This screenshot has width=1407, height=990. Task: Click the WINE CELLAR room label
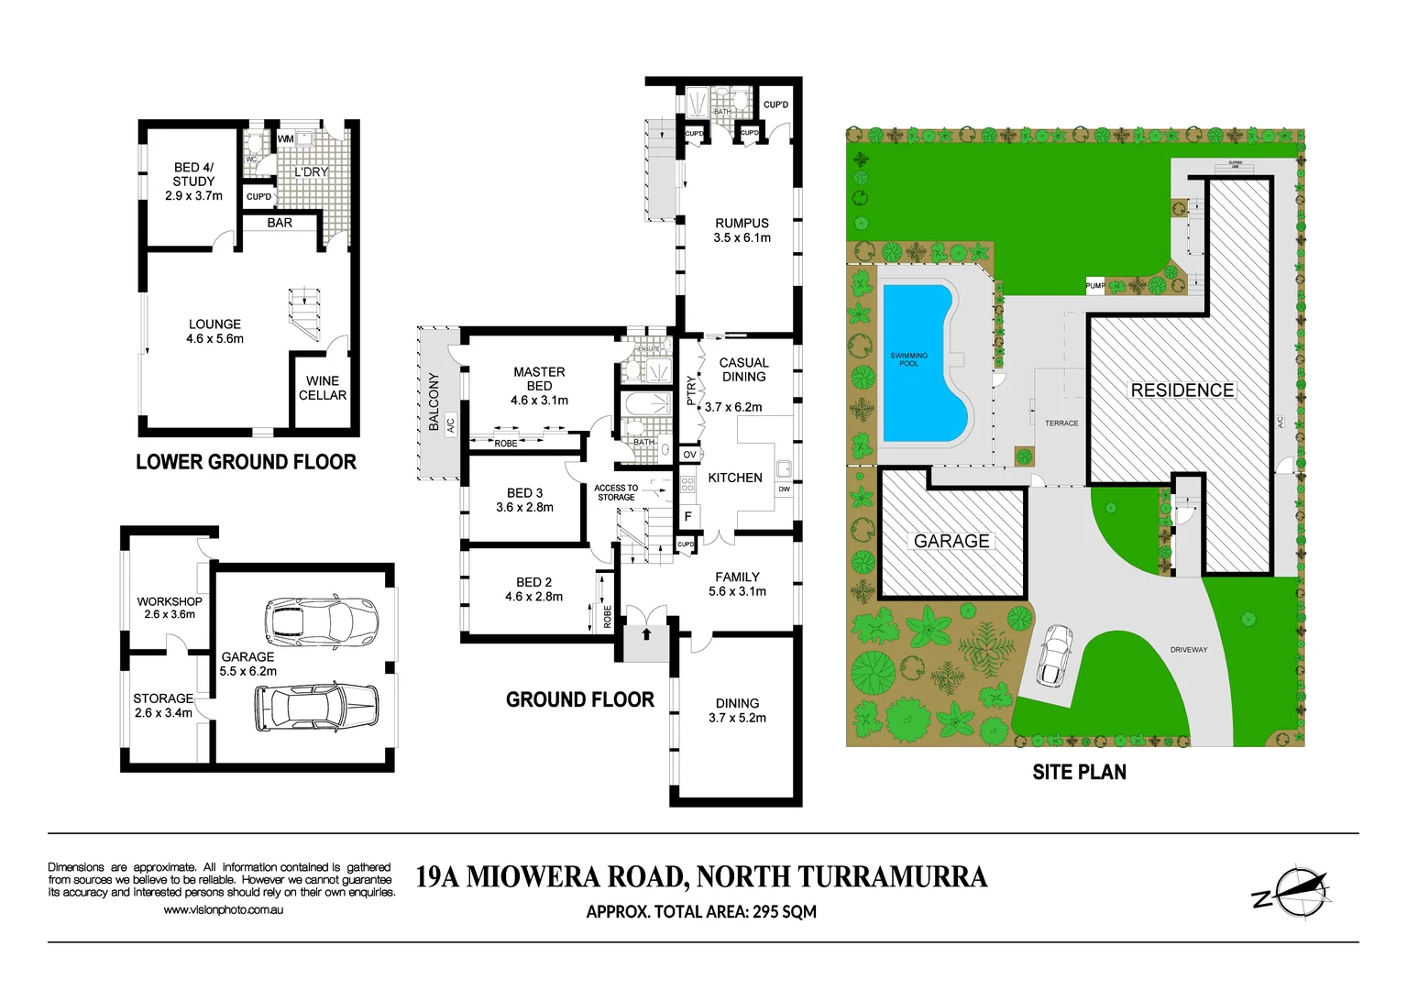tap(323, 388)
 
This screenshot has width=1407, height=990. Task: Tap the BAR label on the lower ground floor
tap(280, 223)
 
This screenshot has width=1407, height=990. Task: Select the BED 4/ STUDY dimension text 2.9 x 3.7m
tap(193, 195)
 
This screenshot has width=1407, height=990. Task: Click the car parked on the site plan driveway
tap(1055, 655)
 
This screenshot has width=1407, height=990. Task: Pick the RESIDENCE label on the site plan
tap(1182, 390)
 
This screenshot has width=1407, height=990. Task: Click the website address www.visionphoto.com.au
tap(223, 909)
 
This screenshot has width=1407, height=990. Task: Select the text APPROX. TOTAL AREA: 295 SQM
tap(701, 911)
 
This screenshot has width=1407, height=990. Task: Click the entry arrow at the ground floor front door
tap(646, 632)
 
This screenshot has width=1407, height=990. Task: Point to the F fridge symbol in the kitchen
tap(688, 517)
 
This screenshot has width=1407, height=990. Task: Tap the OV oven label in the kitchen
tap(689, 454)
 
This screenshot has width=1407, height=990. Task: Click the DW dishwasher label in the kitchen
tap(784, 489)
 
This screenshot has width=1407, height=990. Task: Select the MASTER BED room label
tap(539, 379)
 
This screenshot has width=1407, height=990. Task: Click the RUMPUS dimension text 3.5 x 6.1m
tap(742, 237)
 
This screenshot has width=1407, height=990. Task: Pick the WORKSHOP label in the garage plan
tap(170, 601)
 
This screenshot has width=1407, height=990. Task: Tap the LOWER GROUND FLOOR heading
tap(246, 462)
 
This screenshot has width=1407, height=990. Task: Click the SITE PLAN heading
tap(1079, 773)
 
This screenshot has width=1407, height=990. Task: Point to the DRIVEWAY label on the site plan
tap(1189, 649)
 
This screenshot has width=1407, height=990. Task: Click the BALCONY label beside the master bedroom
tap(434, 401)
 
